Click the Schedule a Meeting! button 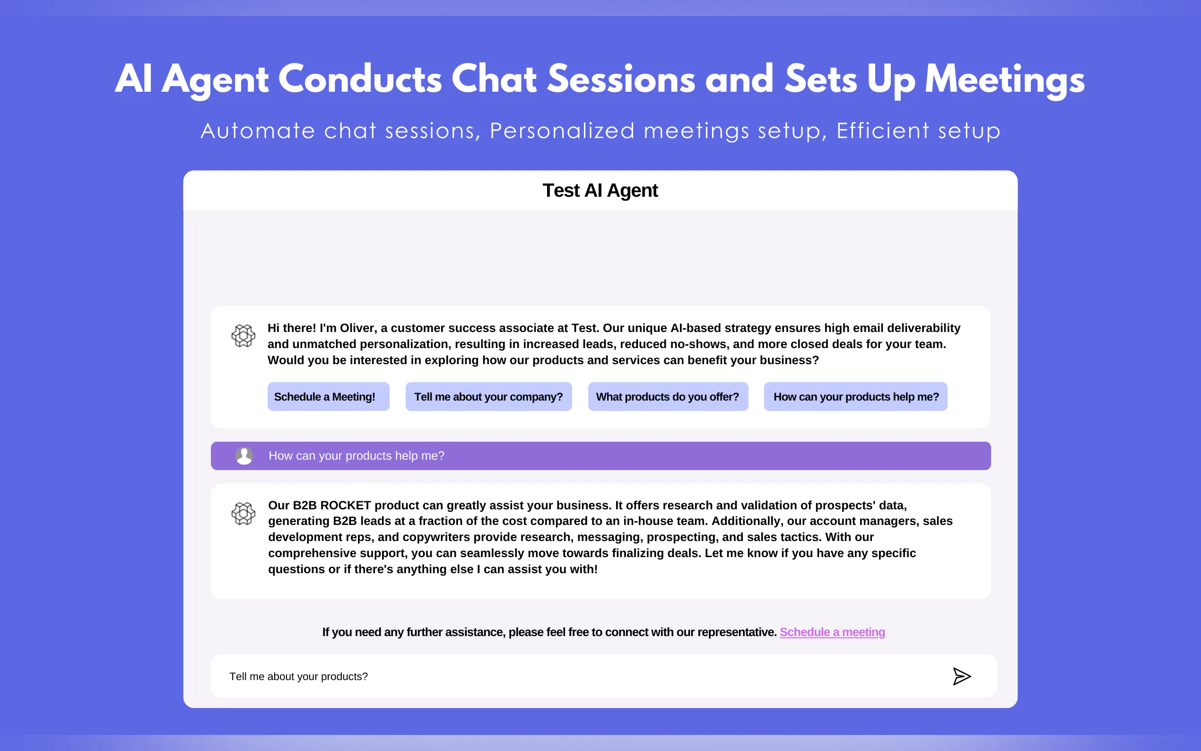click(x=328, y=396)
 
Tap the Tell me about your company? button click(x=488, y=396)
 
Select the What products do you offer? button click(x=668, y=396)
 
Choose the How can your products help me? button click(x=855, y=396)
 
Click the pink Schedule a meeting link click(x=832, y=632)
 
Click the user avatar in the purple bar click(x=244, y=455)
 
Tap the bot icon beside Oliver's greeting click(x=244, y=336)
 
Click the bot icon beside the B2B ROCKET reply click(x=244, y=514)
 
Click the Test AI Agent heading click(x=600, y=191)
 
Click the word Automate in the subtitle click(x=258, y=131)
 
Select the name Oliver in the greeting click(x=357, y=328)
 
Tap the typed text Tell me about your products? click(x=298, y=676)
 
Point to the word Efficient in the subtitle click(x=883, y=131)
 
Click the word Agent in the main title click(x=216, y=80)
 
